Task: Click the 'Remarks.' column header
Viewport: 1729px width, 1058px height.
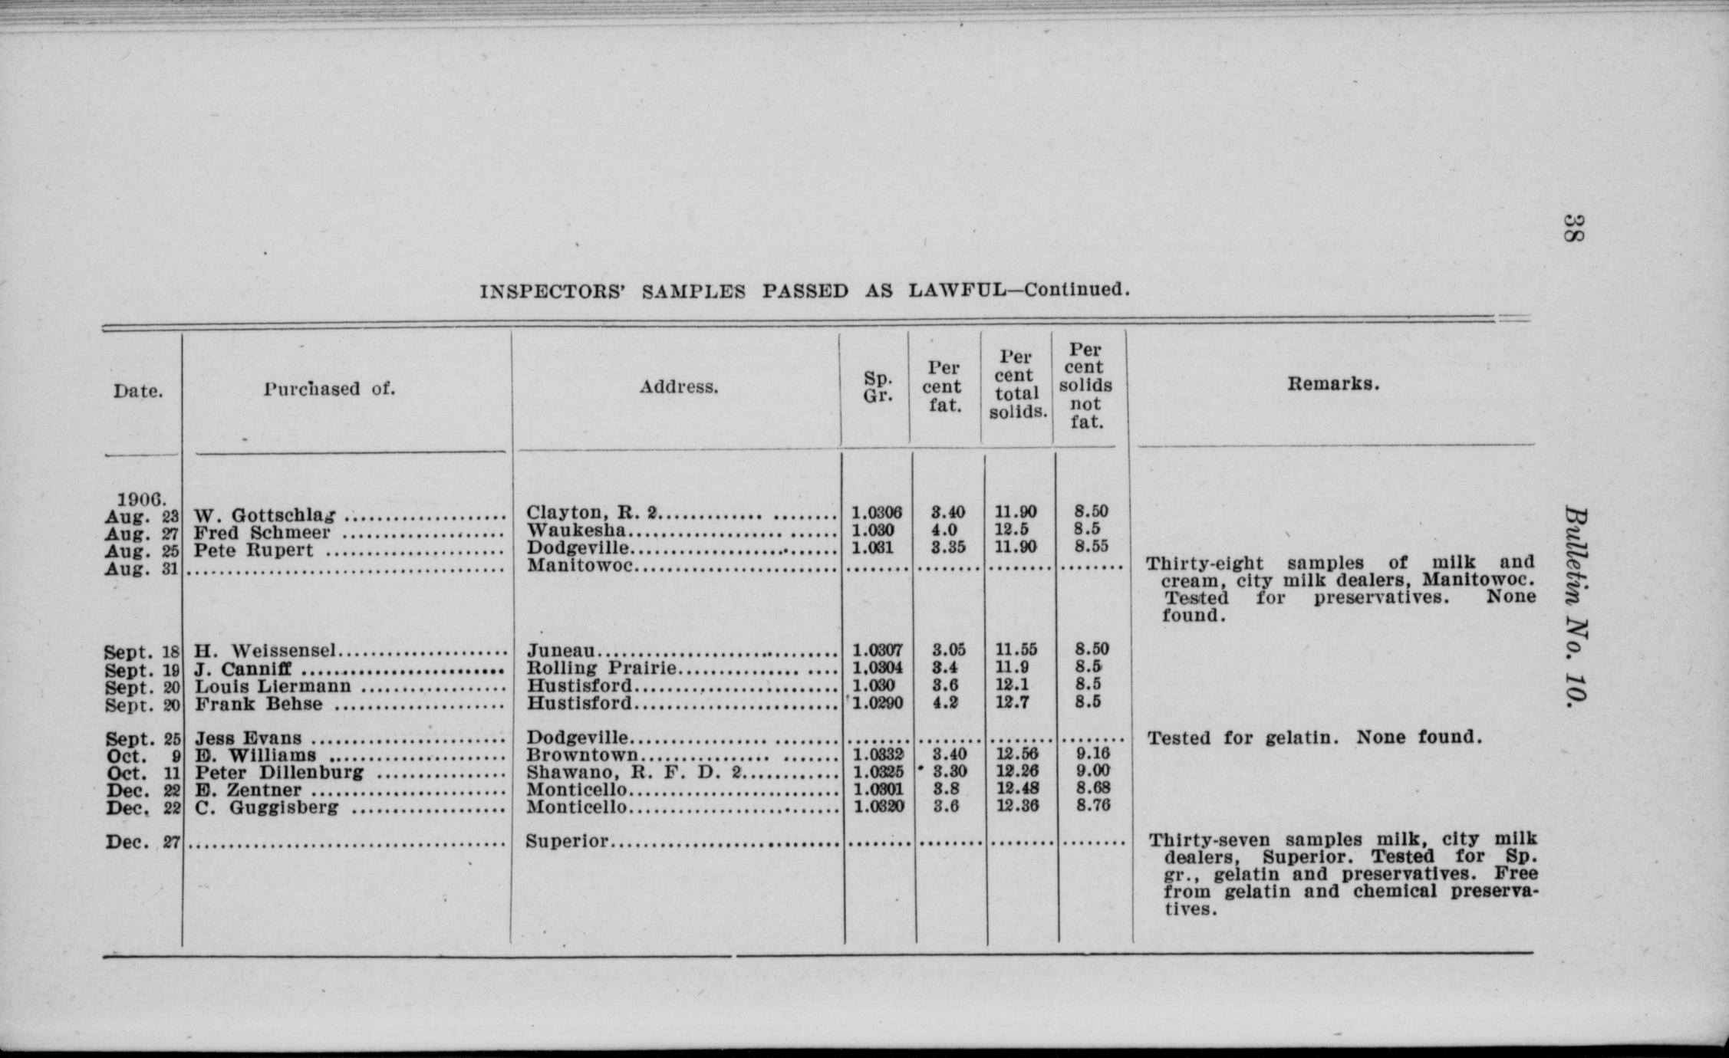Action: tap(1332, 384)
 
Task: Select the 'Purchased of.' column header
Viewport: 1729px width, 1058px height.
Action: tap(330, 389)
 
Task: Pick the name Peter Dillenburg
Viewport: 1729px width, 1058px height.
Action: tap(279, 772)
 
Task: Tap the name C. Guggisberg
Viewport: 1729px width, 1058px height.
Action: tap(266, 807)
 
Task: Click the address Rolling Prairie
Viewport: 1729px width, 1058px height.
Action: tap(602, 668)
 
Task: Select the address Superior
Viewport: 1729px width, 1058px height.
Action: tap(568, 841)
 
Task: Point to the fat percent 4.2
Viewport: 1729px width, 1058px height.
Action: tap(945, 702)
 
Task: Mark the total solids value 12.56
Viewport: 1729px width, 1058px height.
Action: tap(1017, 754)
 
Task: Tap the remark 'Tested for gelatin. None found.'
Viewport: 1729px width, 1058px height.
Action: tap(1314, 738)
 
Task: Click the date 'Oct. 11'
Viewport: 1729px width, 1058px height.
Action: tap(142, 774)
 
